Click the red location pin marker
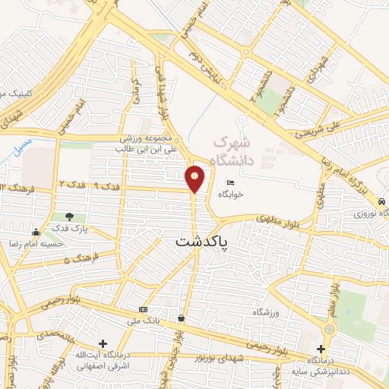tap(194, 178)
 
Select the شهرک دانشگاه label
tap(232, 150)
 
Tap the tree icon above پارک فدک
tap(70, 217)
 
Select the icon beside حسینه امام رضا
tap(36, 232)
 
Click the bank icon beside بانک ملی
tap(144, 310)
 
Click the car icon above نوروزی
tap(380, 201)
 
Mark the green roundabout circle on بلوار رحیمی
tap(329, 330)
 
